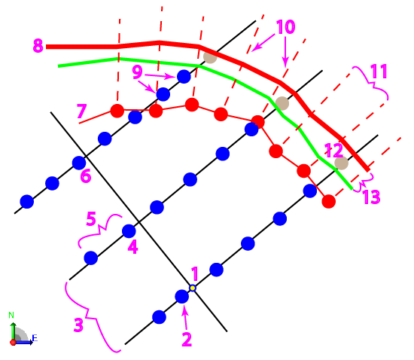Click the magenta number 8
coord(38,45)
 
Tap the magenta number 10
coord(285,27)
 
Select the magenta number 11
coord(379,72)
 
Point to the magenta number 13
coord(372,197)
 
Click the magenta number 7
coord(81,111)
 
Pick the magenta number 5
coord(91,218)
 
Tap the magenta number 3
coord(79,325)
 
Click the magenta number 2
coord(187,340)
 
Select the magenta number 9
coord(137,72)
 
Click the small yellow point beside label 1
coord(193,288)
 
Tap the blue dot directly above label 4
coord(129,231)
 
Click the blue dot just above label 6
coord(79,163)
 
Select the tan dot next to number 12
coord(341,163)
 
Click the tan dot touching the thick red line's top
coord(210,56)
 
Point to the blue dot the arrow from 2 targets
coord(182,296)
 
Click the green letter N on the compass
coord(11,315)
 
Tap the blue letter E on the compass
coord(35,338)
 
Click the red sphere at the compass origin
coord(13,343)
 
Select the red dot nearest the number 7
coord(117,111)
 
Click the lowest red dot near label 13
coord(329,202)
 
